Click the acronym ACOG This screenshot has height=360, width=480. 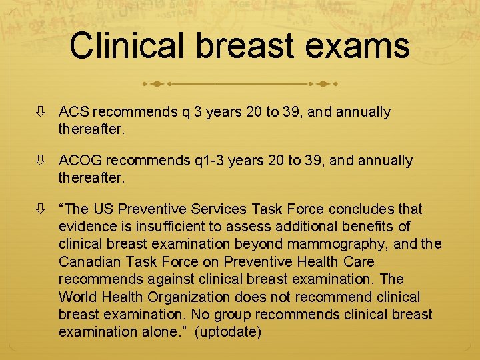click(80, 161)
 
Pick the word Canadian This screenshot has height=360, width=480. click(87, 261)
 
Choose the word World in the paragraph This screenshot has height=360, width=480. click(77, 296)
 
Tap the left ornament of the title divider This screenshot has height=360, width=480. click(156, 85)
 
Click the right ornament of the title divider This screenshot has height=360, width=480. click(323, 85)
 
